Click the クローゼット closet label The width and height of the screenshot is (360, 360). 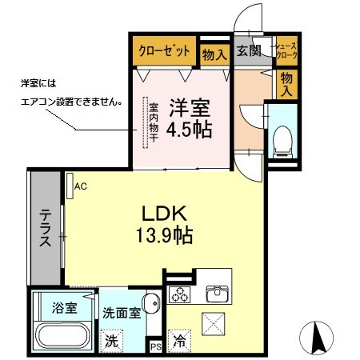(x=164, y=51)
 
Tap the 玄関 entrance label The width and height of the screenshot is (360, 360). (x=249, y=51)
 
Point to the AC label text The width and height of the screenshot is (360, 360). (x=80, y=186)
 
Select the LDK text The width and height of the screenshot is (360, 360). (x=164, y=214)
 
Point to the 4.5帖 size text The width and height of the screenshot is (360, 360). (x=189, y=130)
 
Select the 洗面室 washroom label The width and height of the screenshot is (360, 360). (x=122, y=314)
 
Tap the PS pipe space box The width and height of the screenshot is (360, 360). (x=156, y=346)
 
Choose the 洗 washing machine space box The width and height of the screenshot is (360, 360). (x=113, y=339)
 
